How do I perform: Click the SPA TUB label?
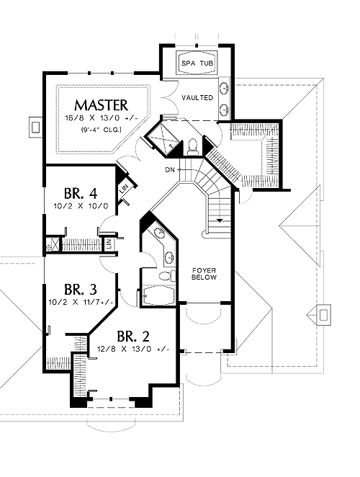(197, 63)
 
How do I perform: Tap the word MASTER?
(102, 105)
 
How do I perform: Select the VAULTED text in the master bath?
(197, 98)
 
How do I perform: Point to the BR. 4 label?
(81, 193)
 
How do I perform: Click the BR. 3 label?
(81, 290)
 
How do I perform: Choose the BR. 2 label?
(133, 336)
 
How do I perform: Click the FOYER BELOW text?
(204, 274)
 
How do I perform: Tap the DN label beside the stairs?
(170, 170)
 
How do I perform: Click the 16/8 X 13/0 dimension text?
(102, 117)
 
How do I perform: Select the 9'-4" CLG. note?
(102, 130)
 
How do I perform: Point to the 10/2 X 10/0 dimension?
(81, 206)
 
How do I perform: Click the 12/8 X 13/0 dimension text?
(133, 349)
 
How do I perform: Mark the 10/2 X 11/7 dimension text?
(81, 303)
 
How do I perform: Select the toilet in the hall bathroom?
(167, 276)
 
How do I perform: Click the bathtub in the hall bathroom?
(158, 295)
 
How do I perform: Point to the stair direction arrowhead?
(219, 220)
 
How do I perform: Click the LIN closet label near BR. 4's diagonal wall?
(124, 190)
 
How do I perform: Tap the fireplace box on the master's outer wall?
(36, 127)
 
